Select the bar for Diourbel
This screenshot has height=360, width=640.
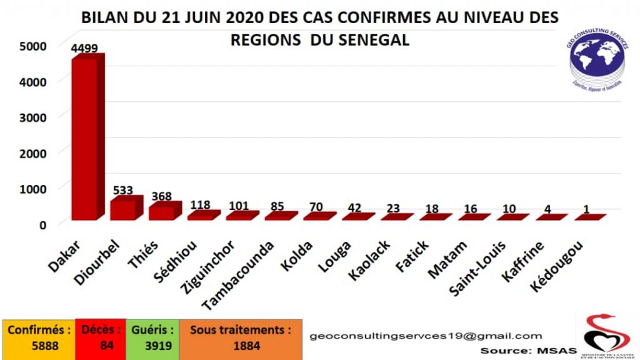pos(122,209)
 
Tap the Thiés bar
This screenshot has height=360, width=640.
pos(161,212)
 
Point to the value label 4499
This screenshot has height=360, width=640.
pos(84,49)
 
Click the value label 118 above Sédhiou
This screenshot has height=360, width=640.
pos(200,205)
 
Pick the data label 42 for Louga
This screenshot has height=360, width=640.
pos(354,208)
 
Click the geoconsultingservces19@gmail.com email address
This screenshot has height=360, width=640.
pos(426,336)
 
